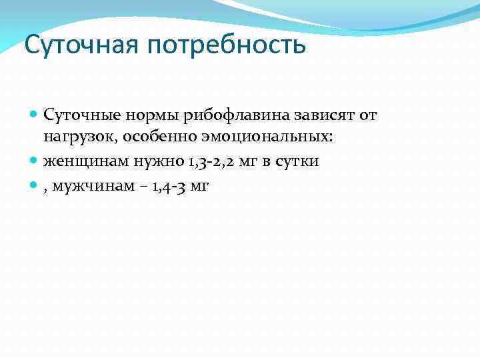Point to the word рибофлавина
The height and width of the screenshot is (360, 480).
pyautogui.click(x=225, y=116)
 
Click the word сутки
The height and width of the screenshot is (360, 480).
pyautogui.click(x=295, y=162)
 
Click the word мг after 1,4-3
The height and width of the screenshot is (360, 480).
pyautogui.click(x=199, y=187)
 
